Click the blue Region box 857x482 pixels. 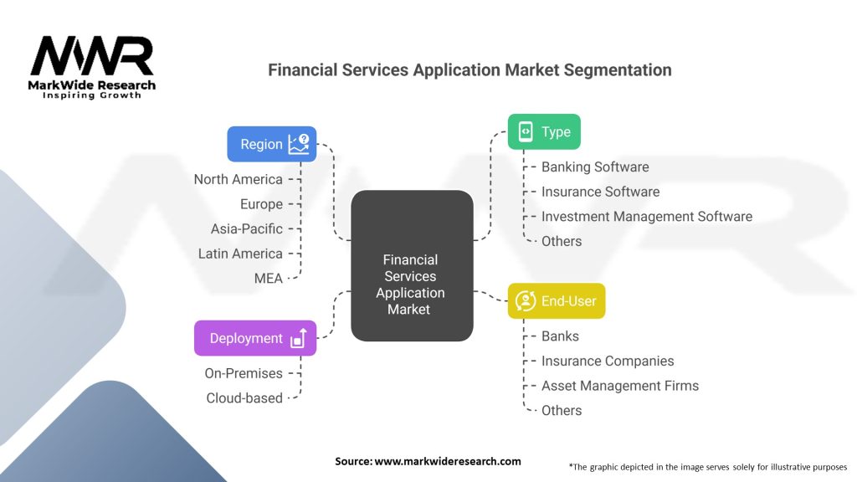click(272, 144)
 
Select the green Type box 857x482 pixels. click(544, 131)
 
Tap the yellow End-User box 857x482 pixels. click(557, 300)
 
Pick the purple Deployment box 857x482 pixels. click(255, 338)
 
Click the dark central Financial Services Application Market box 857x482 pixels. click(412, 265)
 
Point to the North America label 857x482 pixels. click(239, 179)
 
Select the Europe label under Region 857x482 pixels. click(261, 204)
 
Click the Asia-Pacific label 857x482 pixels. click(247, 229)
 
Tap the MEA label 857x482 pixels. click(269, 278)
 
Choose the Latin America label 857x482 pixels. click(240, 254)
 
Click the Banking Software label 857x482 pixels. click(595, 167)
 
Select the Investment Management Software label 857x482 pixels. click(647, 217)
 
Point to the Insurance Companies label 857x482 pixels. click(608, 361)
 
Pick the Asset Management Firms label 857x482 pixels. click(620, 386)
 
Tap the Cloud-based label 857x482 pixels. click(244, 397)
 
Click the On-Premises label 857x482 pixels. click(244, 373)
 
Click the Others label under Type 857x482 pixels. click(562, 241)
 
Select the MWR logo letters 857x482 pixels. click(92, 56)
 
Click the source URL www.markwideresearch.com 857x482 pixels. click(448, 461)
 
